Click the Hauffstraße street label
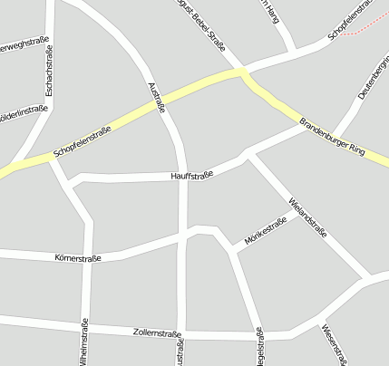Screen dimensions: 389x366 point(191,174)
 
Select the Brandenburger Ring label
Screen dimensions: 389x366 point(331,135)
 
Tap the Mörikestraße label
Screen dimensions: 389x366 point(265,231)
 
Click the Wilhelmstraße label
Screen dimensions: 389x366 point(85,342)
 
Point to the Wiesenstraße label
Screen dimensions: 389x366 point(333,345)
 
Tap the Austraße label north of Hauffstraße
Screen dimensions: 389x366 point(156,97)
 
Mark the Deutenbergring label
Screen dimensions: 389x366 point(372,79)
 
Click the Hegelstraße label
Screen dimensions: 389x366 point(261,349)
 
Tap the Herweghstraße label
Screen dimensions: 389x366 point(24,43)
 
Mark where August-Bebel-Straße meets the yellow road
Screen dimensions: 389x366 point(240,71)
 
